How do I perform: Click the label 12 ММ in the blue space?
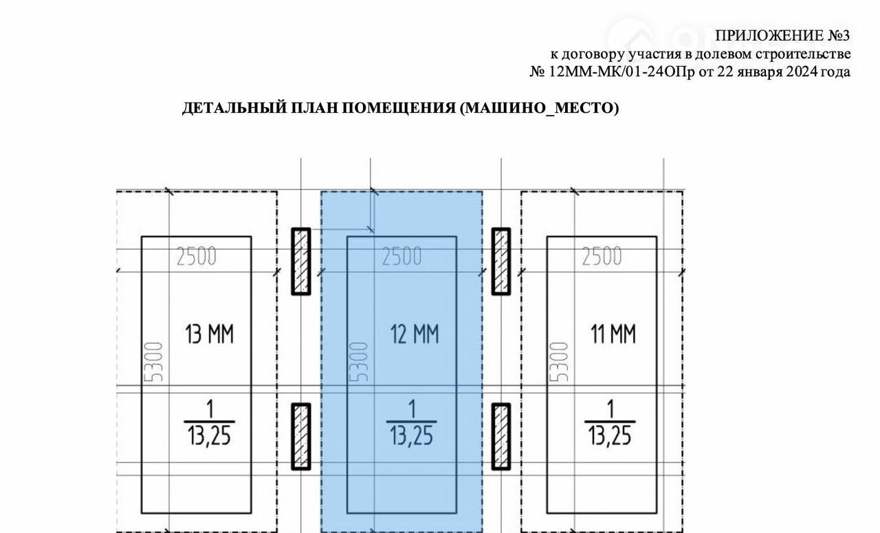pos(415,334)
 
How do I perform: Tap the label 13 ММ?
pos(210,334)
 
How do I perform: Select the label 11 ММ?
pos(613,334)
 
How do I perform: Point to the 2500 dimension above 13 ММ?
pos(197,257)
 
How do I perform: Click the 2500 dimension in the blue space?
pos(402,257)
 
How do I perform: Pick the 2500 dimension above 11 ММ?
pos(602,257)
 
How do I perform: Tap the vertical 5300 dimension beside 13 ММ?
pos(153,362)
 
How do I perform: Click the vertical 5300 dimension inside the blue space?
pos(359,362)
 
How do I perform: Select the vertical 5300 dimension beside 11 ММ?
pos(559,362)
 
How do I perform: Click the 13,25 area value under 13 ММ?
pos(209,436)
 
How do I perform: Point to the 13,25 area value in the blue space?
pos(411,436)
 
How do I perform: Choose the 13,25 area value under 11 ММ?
pos(610,436)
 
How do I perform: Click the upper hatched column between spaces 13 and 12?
pos(301,261)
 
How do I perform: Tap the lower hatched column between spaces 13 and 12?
pos(301,436)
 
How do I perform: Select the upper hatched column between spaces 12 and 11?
pos(501,261)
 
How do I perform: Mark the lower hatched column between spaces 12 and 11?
pos(501,436)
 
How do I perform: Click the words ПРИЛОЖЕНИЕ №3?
pos(782,36)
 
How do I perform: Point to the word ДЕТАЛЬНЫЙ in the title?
pos(234,108)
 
